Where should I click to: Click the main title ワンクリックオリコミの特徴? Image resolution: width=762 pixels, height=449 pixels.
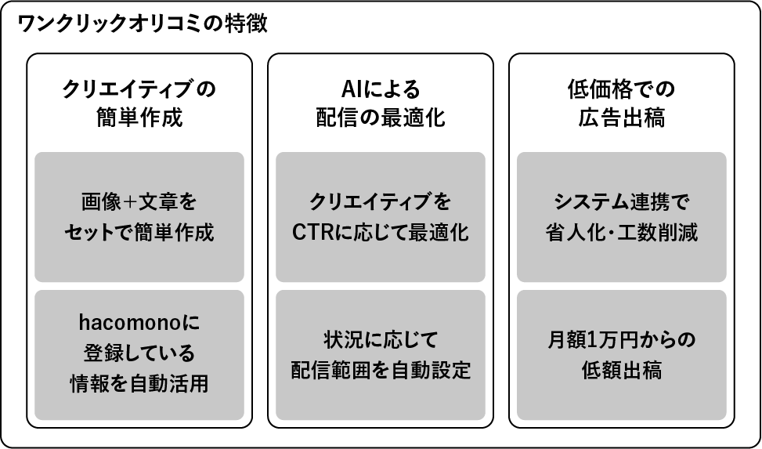(x=143, y=24)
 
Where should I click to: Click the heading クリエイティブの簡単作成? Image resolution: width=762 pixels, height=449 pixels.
(x=139, y=103)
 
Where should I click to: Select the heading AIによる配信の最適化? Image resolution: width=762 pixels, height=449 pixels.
(x=381, y=103)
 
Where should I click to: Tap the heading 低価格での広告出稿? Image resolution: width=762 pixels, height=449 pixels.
(x=622, y=103)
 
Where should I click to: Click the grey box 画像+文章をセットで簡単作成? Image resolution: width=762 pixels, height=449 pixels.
(x=139, y=217)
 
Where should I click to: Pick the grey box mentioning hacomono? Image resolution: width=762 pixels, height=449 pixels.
(x=139, y=354)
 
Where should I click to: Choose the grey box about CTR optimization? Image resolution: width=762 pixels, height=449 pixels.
(x=381, y=217)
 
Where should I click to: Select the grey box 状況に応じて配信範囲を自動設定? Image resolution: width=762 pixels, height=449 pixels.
(x=381, y=354)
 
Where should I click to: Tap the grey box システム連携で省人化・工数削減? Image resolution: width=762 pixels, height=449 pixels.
(x=622, y=217)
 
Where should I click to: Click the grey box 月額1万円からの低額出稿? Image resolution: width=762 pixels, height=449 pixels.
(x=622, y=354)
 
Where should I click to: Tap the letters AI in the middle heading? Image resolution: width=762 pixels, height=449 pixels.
(x=350, y=89)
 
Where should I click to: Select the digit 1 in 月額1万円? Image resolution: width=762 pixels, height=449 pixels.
(x=593, y=340)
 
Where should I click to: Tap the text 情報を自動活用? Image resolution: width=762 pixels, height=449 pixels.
(x=139, y=384)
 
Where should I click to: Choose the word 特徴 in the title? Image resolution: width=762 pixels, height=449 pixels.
(x=250, y=24)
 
